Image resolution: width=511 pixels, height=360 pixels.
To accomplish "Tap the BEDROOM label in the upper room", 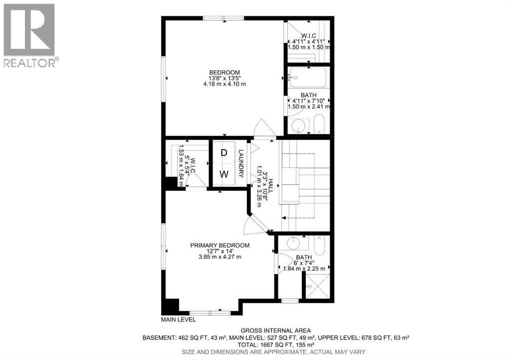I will coord(225,72).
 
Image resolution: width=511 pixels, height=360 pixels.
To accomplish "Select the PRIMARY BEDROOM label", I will coord(220,245).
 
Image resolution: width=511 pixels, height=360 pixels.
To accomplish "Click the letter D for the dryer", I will coord(224,153).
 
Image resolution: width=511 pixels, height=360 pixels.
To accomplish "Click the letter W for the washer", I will coord(225,174).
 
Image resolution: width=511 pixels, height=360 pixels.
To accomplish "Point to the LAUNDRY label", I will coord(241,164).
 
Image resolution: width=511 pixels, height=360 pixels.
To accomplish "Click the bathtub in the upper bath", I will coord(307,78).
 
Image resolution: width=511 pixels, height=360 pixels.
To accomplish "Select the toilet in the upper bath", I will coord(319,125).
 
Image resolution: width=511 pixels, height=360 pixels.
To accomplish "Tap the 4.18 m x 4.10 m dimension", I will coord(225,84).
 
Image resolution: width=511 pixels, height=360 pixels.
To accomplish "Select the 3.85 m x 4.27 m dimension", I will coord(220,257).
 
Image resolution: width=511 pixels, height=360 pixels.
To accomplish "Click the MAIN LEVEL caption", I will coord(178,319).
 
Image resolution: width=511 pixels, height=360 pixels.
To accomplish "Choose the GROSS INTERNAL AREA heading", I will coord(275,330).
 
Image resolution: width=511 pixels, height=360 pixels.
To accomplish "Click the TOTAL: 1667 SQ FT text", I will coord(275,345).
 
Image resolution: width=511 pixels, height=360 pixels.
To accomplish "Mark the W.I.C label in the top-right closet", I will coord(309,35).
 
